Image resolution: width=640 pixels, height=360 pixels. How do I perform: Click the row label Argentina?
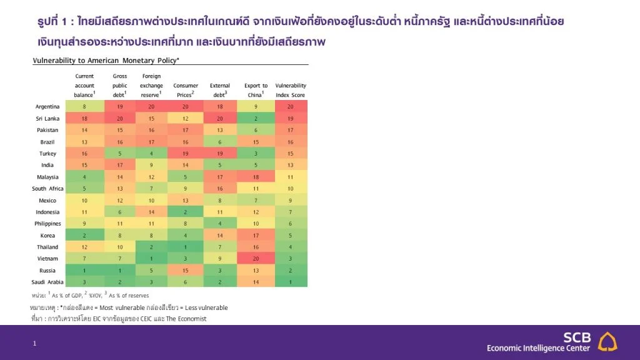47,106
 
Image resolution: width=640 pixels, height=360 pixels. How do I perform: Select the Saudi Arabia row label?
45,282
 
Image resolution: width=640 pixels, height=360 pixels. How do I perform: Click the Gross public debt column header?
120,86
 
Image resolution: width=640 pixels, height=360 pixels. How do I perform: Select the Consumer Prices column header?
186,90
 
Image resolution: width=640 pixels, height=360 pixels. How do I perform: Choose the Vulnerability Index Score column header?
291,90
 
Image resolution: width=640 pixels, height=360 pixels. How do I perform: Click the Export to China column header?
256,90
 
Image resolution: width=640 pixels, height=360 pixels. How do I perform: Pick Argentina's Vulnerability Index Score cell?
291,106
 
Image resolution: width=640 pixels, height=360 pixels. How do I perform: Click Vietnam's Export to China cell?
256,259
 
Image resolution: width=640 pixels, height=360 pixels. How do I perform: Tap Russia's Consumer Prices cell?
186,271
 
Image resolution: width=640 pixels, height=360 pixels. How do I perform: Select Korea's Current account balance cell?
84,236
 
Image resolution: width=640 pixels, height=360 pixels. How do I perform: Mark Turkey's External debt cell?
220,153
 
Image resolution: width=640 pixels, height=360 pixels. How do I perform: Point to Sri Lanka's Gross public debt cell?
120,118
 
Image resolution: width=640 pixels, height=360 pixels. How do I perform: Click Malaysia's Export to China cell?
256,177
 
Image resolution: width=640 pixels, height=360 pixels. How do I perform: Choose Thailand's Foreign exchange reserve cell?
151,247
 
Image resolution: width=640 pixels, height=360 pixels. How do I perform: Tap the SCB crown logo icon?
607,341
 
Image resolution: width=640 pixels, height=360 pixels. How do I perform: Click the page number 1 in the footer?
35,343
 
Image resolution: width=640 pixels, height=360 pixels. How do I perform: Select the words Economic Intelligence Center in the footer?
538,348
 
